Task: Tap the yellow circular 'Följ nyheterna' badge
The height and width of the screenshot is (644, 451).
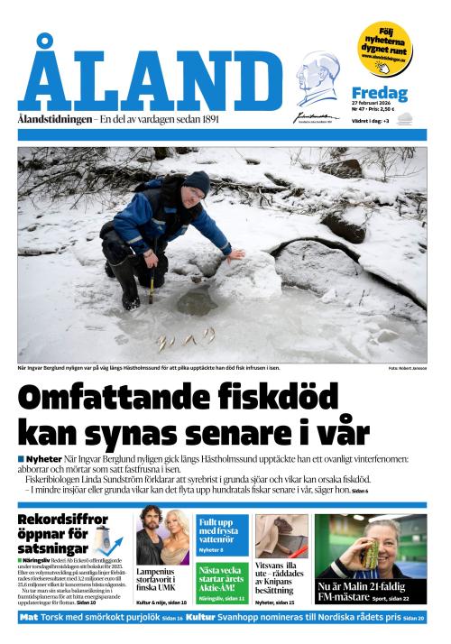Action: coord(383,49)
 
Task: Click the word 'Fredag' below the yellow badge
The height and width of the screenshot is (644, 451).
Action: coord(379,94)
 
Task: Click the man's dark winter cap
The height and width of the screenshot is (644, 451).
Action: coord(197,182)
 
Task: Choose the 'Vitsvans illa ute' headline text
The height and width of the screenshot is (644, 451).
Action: coord(281,576)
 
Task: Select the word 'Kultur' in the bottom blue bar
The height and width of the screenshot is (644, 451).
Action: coord(202,618)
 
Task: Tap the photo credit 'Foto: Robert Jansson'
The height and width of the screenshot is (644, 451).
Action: coord(407,368)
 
